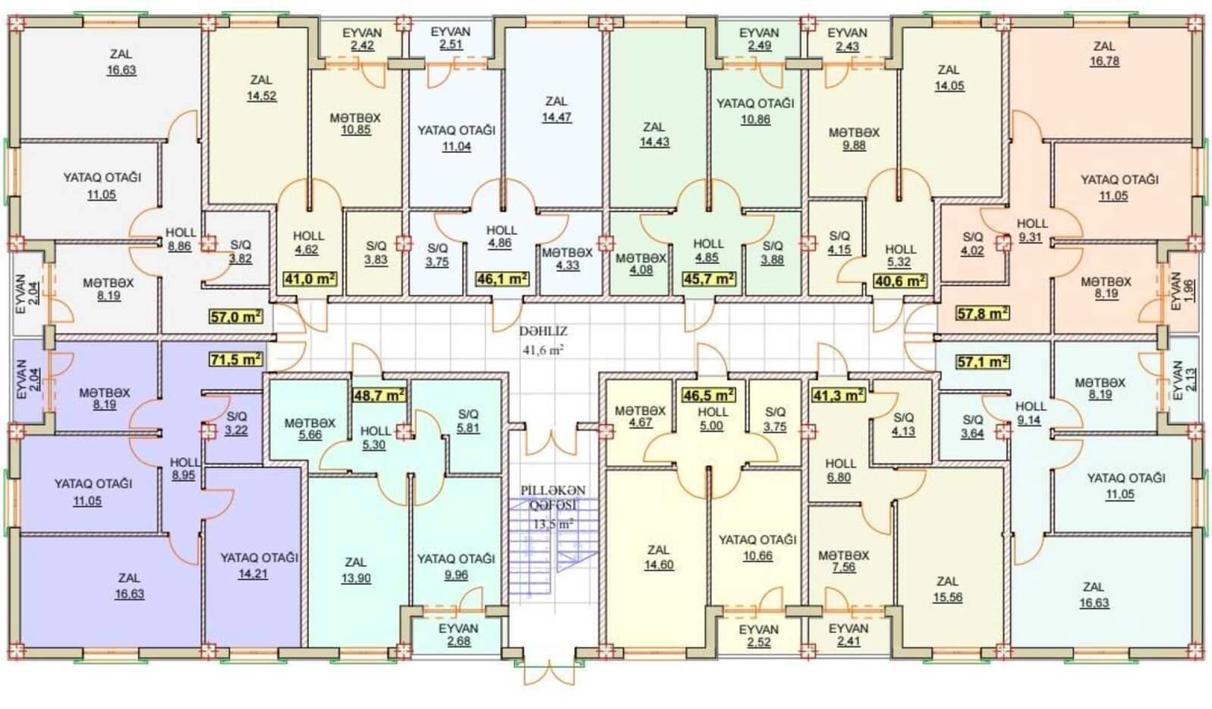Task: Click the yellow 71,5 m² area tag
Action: [x=236, y=359]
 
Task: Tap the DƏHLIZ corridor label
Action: [x=543, y=331]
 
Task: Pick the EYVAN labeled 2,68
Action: [x=458, y=641]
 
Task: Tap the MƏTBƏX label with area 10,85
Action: [x=355, y=124]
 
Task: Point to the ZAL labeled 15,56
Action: [x=947, y=590]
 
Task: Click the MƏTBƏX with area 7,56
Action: [x=844, y=561]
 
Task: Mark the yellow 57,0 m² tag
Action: [x=236, y=317]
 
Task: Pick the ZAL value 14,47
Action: [x=557, y=109]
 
